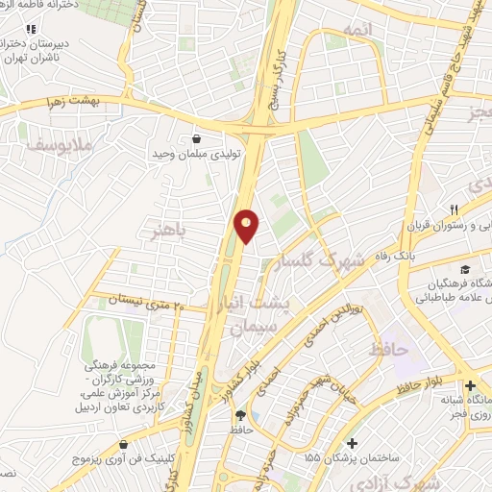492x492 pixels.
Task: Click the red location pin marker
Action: (x=247, y=225)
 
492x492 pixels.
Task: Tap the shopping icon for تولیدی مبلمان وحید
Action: (x=197, y=137)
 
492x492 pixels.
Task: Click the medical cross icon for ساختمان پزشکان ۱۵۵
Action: (x=353, y=444)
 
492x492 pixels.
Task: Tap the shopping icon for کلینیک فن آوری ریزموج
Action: (x=125, y=446)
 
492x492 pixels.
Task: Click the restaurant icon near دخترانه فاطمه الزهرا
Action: (x=33, y=28)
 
